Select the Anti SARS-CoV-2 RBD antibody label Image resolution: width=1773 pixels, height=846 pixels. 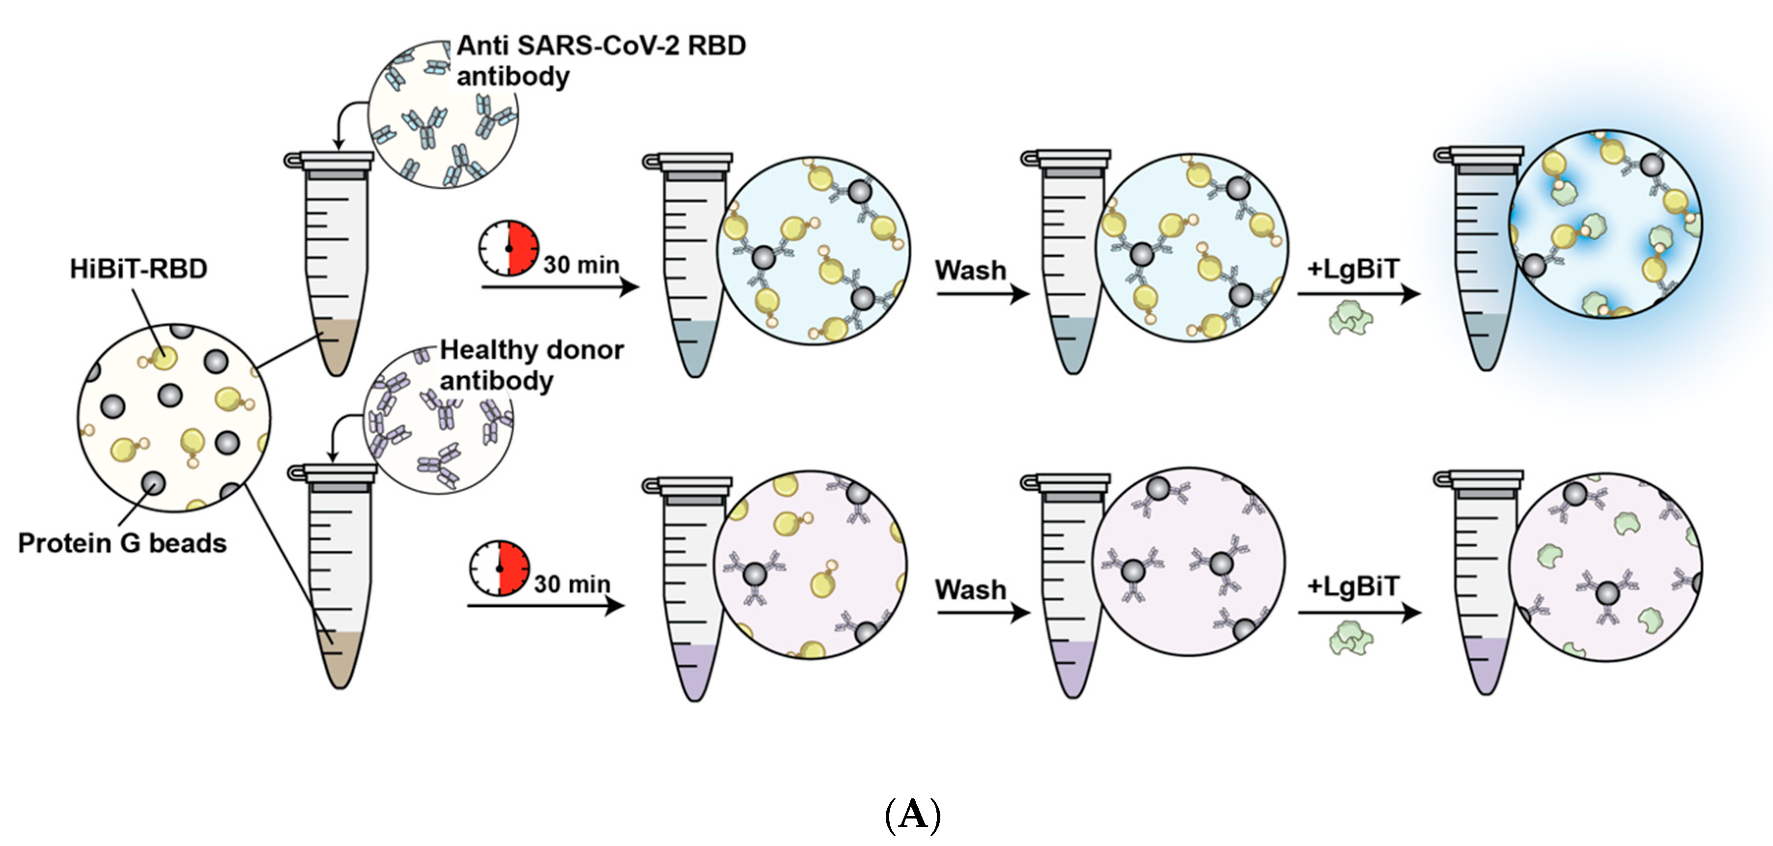(600, 60)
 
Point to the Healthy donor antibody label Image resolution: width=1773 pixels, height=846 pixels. (532, 365)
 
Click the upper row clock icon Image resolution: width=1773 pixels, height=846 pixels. (508, 248)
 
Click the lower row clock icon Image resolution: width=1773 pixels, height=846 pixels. (500, 568)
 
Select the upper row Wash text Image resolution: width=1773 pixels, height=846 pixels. (970, 270)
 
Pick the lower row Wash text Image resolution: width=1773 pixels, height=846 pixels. (970, 590)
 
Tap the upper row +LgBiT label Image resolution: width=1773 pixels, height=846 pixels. (1353, 268)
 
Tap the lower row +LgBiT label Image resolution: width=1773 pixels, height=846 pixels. (1353, 587)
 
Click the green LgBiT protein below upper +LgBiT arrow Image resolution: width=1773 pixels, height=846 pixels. (1351, 318)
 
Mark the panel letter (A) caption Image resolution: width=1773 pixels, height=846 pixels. (912, 815)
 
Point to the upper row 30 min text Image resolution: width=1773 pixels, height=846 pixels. (582, 265)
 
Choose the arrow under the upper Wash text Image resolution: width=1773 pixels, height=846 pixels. (982, 295)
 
